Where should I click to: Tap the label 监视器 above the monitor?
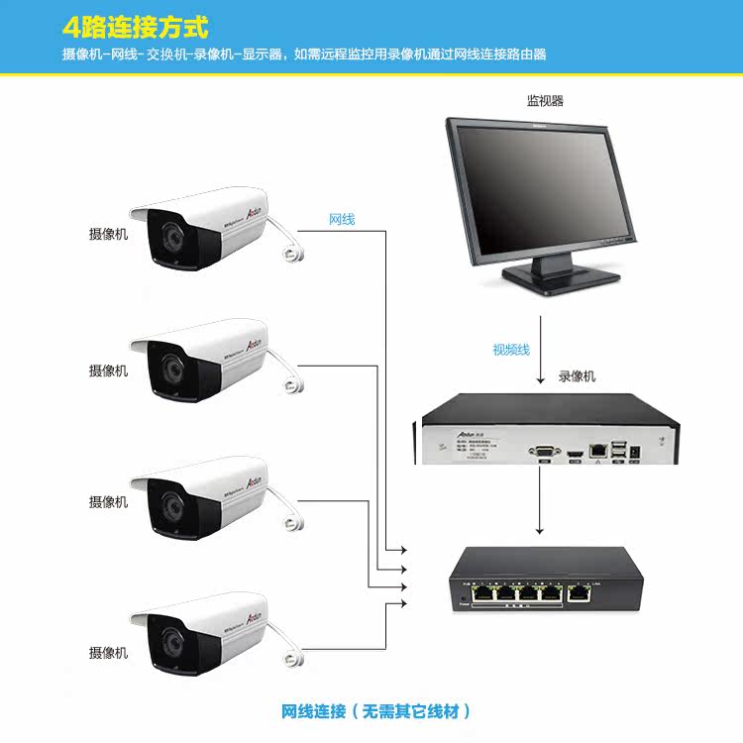545,100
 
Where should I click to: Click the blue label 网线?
342,219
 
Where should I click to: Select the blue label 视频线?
511,350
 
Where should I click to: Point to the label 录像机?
578,376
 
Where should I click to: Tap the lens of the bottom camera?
170,641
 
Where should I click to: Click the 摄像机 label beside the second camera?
108,371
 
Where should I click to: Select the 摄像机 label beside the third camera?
108,502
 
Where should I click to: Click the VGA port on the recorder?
543,451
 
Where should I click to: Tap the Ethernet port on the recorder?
597,450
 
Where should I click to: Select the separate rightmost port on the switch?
578,594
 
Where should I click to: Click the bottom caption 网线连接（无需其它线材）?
375,711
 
